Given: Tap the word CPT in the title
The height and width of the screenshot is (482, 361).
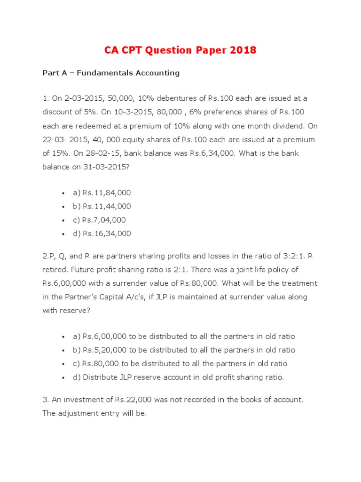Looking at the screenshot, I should [139, 50].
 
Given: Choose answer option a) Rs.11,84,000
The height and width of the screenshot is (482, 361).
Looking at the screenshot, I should [102, 193].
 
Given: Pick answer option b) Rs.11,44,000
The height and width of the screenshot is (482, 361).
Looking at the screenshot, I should [102, 206].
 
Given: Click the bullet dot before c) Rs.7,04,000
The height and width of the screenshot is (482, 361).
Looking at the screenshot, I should [63, 220].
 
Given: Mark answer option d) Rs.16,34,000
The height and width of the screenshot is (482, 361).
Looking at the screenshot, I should [102, 233].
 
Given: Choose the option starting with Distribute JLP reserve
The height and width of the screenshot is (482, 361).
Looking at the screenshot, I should [178, 377].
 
